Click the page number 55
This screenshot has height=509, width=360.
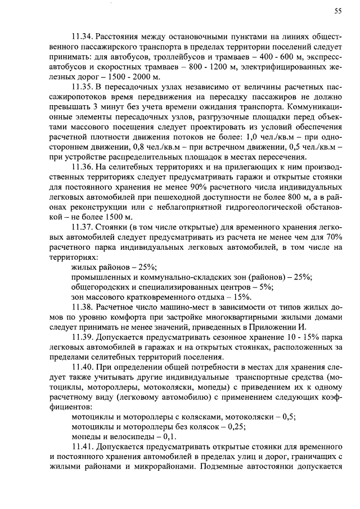338,10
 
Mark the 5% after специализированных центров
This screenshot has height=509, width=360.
264,287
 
